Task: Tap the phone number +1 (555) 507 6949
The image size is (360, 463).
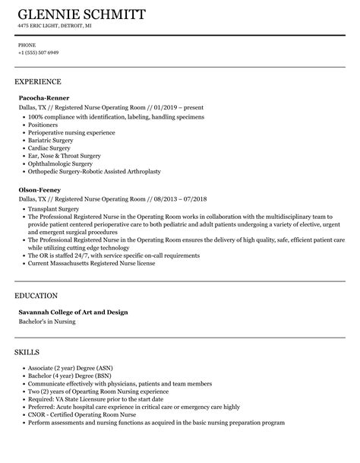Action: click(38, 53)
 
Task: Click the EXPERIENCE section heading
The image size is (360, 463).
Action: click(38, 81)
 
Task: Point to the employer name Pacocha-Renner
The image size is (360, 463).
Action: click(44, 98)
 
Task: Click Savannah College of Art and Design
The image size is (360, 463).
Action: click(73, 291)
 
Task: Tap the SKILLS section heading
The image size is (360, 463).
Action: click(28, 331)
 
